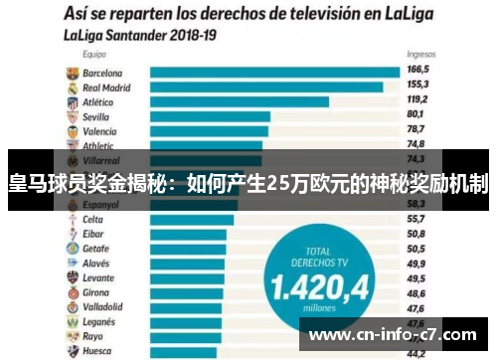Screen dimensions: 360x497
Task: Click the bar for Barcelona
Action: point(273,73)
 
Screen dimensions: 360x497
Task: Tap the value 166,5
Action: point(417,72)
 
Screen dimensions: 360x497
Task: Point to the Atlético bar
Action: point(239,101)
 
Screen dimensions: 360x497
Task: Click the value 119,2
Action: point(417,100)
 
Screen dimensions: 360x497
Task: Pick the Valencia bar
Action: point(209,130)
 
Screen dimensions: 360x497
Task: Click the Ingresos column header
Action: point(420,56)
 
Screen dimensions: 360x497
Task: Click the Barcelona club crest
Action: point(72,73)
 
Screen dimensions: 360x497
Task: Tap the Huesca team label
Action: point(97,351)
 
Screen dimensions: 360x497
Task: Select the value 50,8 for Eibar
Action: point(416,234)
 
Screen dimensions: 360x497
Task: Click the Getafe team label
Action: point(95,248)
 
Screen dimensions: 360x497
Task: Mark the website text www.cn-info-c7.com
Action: point(398,335)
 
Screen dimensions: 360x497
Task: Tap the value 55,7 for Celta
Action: point(416,219)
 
